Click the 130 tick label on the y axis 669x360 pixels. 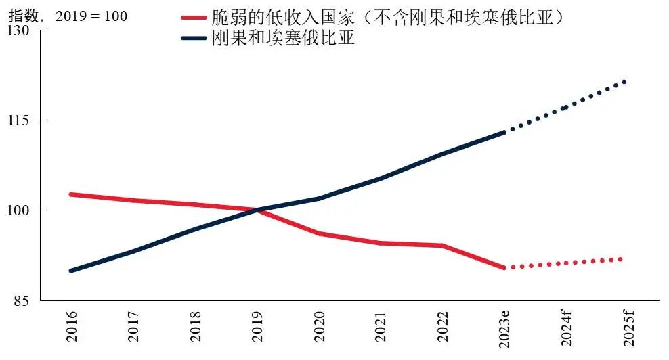coord(19,30)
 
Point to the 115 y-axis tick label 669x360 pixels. coord(19,120)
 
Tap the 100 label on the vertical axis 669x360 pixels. coord(19,210)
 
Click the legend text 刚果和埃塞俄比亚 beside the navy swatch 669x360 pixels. coord(284,39)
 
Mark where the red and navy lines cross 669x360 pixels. coord(257,210)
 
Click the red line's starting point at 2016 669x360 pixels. coord(72,194)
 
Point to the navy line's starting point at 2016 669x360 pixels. coord(72,271)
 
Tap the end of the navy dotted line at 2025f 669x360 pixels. coord(625,81)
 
